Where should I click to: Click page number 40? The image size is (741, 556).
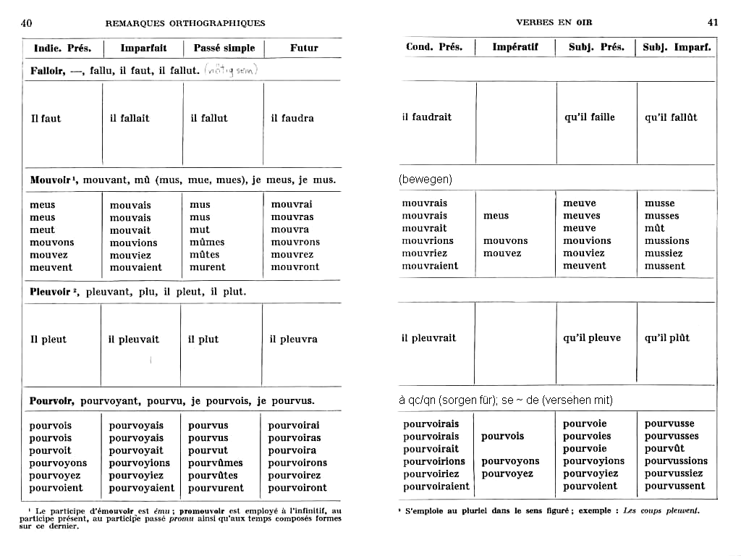tap(26, 22)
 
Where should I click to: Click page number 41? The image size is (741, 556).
tap(713, 22)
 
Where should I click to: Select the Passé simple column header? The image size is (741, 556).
tap(224, 49)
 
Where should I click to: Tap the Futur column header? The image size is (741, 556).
tap(304, 49)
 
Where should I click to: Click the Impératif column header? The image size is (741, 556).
tap(515, 48)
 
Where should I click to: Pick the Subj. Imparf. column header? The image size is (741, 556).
tap(677, 48)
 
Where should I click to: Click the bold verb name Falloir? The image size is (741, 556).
tap(48, 70)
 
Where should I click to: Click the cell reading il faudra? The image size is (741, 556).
tap(293, 118)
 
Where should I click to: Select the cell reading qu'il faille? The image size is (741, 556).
tap(590, 117)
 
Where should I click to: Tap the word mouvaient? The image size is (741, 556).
tap(136, 267)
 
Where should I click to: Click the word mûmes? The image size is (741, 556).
tap(207, 242)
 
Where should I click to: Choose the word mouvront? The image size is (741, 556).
tap(295, 266)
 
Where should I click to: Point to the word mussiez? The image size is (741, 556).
tap(664, 253)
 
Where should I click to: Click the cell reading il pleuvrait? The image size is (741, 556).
tap(429, 338)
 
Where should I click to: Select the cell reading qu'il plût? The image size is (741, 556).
tap(667, 338)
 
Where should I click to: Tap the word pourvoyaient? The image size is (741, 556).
tap(142, 488)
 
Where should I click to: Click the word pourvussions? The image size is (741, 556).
tap(676, 461)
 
